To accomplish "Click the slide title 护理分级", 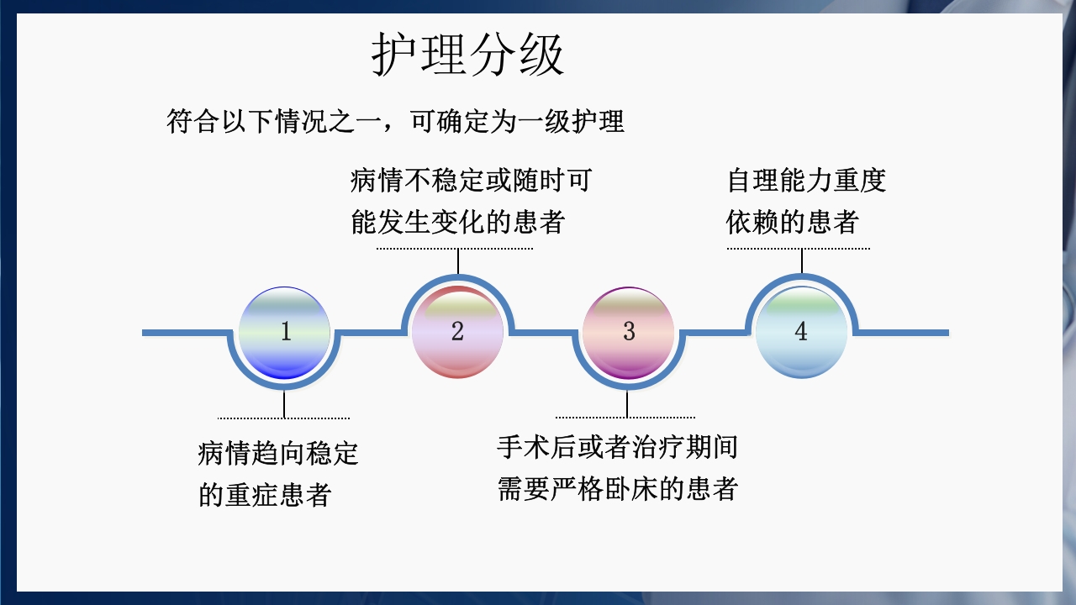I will point(468,57).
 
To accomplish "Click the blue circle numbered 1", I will point(285,333).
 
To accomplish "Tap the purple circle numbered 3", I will point(629,333).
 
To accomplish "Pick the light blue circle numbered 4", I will point(800,333).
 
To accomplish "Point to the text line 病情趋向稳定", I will point(278,454).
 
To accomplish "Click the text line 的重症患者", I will point(265,495).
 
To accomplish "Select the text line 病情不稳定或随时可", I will point(471,181).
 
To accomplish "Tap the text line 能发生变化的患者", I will point(457,223).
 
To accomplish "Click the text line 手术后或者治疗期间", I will point(617,447).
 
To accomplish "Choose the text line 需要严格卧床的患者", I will point(617,489).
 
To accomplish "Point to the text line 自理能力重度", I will point(807,181).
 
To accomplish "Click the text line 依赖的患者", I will point(793,223).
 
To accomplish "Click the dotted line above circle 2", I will point(454,249).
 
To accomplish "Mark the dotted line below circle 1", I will point(283,418).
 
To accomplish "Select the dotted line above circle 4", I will point(798,249).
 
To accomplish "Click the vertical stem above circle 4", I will point(801,261).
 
